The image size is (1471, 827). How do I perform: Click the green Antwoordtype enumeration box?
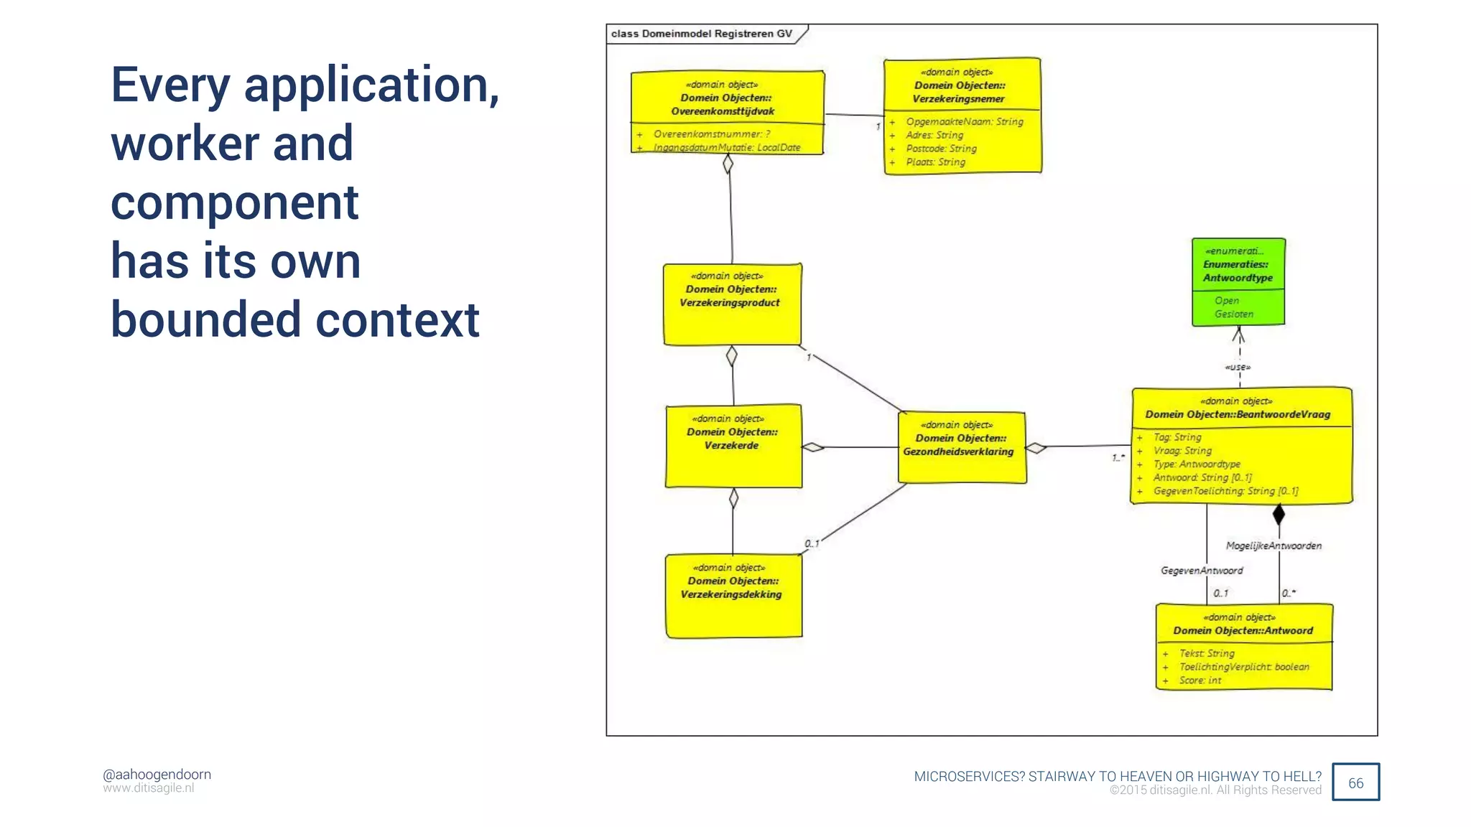[1238, 281]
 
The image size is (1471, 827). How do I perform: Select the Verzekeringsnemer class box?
[962, 115]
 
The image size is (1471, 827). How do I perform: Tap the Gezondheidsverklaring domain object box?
[962, 447]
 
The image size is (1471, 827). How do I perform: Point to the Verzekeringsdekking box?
[733, 596]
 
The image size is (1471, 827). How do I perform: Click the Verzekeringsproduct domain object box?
[731, 304]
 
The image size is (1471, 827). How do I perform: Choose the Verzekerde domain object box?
[733, 446]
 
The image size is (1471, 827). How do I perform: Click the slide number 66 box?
[1355, 782]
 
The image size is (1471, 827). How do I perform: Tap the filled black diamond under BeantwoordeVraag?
[1279, 514]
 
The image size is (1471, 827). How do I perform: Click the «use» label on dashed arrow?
[1238, 368]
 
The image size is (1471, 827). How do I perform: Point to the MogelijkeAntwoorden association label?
[1273, 546]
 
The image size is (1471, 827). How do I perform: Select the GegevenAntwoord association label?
[1202, 571]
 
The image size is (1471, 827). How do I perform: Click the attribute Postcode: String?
[941, 149]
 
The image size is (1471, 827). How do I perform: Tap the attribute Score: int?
[1199, 681]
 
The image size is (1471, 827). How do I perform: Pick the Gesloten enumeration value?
[1234, 314]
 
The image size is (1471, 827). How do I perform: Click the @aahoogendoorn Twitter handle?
[157, 775]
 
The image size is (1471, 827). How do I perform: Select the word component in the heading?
[234, 202]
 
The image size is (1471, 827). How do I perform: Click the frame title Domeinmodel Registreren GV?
[701, 34]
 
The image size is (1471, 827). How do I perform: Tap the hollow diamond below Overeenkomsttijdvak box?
[728, 164]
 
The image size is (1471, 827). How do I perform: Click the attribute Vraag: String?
[1182, 451]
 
